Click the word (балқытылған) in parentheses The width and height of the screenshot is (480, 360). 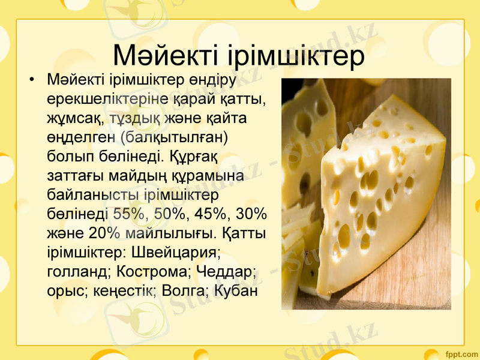tap(173, 136)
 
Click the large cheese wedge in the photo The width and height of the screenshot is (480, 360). tap(378, 198)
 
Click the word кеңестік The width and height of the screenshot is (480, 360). tap(126, 290)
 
